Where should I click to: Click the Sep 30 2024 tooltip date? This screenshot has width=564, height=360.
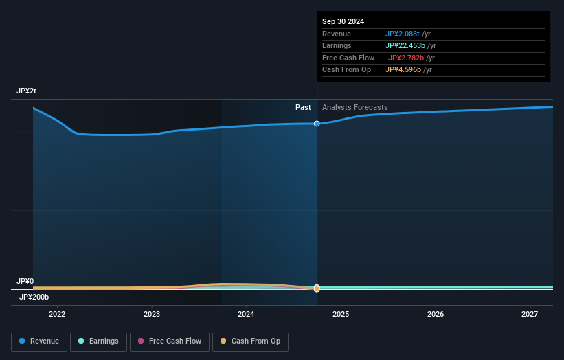[343, 21]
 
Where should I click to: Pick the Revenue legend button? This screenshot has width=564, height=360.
[39, 341]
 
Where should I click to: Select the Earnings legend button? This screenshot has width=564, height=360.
[99, 341]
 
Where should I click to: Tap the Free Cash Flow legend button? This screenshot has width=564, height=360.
[170, 341]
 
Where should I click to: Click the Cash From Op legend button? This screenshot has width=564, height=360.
[250, 341]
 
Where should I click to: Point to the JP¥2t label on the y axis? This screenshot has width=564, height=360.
[27, 91]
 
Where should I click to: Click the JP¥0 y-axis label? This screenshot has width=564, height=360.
[25, 282]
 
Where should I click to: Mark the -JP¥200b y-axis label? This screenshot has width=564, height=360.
[33, 297]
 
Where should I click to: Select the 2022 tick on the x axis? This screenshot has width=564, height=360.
[57, 315]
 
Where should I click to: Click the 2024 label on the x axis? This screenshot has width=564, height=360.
[246, 315]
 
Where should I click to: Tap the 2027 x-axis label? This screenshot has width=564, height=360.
[530, 315]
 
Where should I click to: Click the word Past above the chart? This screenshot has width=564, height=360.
[303, 108]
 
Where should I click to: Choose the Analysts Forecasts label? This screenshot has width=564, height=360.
[354, 108]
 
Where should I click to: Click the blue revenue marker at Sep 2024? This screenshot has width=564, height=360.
[317, 124]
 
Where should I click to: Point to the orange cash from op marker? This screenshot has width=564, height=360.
[317, 289]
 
